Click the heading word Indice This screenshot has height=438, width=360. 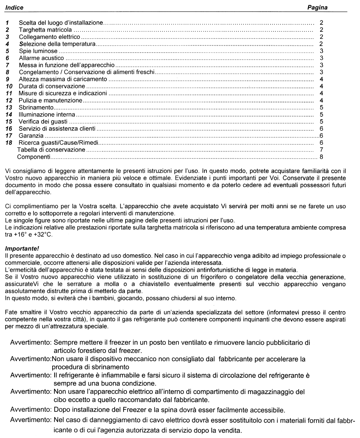(15, 7)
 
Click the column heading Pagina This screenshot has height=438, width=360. (317, 7)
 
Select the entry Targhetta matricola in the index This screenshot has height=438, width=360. (45, 30)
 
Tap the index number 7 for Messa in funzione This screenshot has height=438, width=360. (7, 65)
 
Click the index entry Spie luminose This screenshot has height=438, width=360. (38, 51)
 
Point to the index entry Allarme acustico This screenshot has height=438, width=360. (41, 58)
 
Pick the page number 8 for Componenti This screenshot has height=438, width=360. (321, 157)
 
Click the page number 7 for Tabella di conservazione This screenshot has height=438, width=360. (321, 150)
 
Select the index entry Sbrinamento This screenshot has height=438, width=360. (36, 108)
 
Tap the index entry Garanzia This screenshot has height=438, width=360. (31, 136)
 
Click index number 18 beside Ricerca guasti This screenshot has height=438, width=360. (9, 143)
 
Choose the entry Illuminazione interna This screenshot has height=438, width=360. (47, 115)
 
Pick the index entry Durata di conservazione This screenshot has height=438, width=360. (52, 86)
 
